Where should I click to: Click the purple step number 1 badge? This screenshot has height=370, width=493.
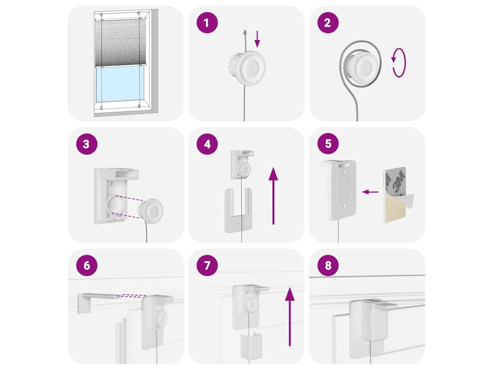(207, 23)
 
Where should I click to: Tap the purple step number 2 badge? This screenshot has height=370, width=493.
(328, 23)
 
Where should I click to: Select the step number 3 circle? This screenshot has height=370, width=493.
(87, 144)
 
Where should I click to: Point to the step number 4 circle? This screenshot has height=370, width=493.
(207, 144)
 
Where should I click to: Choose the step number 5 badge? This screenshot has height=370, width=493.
(328, 144)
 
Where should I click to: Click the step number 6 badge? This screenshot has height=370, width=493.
(87, 265)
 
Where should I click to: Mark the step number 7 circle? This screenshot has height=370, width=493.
(207, 265)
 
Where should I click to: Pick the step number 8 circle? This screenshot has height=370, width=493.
(328, 265)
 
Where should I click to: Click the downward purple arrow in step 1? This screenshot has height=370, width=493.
(258, 39)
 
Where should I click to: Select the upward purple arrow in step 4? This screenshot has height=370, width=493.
(273, 196)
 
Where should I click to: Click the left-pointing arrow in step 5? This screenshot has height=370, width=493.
(370, 192)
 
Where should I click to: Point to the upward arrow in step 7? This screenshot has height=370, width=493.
(289, 317)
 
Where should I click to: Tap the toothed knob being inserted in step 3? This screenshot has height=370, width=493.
(151, 211)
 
